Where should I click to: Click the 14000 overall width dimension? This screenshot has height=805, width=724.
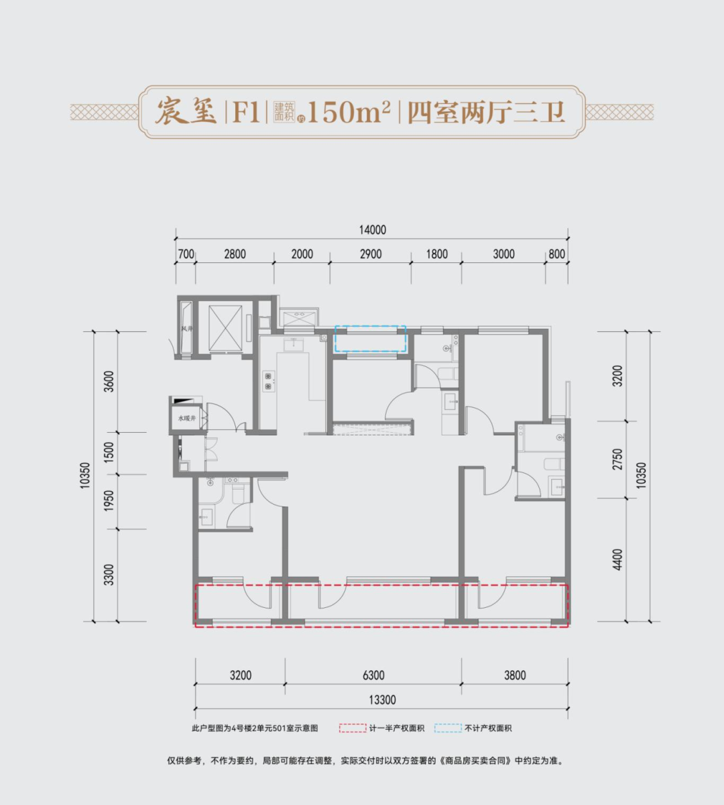pos(372,230)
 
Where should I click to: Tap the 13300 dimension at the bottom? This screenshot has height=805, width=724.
pos(382,700)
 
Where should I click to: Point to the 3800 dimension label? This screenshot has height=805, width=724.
pos(515,676)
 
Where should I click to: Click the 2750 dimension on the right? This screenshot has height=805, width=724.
pos(617,460)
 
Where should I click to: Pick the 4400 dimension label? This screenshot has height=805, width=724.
pos(617,559)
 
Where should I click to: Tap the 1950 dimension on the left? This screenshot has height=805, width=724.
pos(109,501)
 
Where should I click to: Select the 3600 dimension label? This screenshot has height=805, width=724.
pos(109,382)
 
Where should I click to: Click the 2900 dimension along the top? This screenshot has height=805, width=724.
pos(371,254)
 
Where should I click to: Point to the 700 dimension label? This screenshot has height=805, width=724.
pos(186,254)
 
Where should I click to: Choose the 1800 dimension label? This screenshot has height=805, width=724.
pos(436,254)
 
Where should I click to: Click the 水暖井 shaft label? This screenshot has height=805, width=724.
pos(186,418)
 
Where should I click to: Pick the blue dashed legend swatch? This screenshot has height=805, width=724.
pos(448,728)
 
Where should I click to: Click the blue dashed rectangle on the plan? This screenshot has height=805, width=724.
pos(371,339)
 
